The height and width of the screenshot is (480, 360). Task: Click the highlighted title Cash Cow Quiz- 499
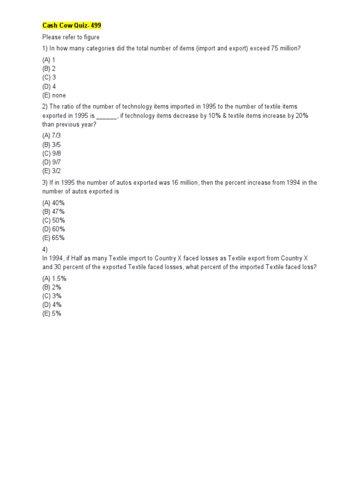click(x=71, y=25)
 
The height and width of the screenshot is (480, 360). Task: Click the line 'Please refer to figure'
click(x=71, y=37)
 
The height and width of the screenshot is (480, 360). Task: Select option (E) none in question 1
click(x=54, y=95)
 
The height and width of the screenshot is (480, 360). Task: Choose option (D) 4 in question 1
click(x=49, y=86)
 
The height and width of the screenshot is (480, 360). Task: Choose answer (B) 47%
click(x=53, y=211)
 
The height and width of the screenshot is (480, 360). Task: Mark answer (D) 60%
click(x=53, y=229)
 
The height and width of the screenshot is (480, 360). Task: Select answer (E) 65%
click(x=53, y=238)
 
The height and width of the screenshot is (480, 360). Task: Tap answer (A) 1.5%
click(x=54, y=278)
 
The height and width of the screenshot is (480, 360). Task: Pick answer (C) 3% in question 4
click(x=52, y=296)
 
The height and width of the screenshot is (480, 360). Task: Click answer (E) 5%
click(x=52, y=314)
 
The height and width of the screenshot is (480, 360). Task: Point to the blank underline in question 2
click(x=106, y=116)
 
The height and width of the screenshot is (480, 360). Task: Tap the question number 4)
click(x=45, y=249)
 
